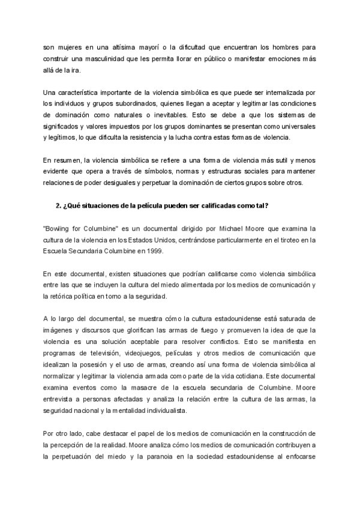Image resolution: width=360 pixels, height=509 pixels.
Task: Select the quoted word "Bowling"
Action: pyautogui.click(x=60, y=229)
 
